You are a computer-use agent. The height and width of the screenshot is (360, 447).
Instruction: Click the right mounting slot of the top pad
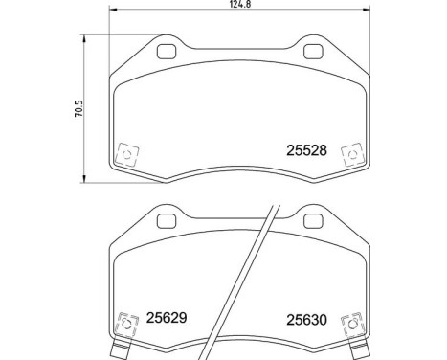coord(311,53)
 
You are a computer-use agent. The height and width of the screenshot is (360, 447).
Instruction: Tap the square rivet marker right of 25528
coord(351,154)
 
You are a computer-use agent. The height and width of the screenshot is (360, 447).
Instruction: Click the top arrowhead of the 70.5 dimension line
coord(86,39)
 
